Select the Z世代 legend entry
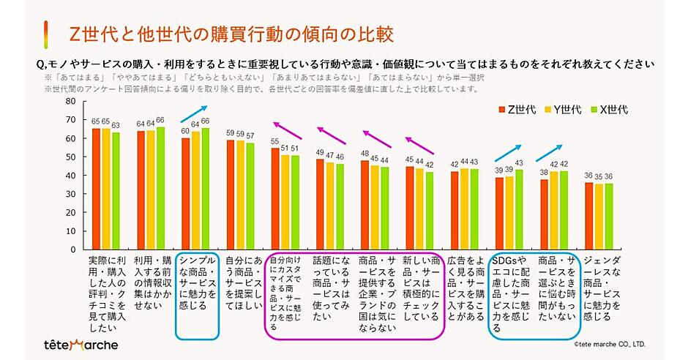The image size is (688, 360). pyautogui.click(x=523, y=110)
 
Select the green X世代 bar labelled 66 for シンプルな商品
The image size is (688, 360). pyautogui.click(x=204, y=189)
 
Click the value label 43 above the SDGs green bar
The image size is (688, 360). pyautogui.click(x=519, y=162)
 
